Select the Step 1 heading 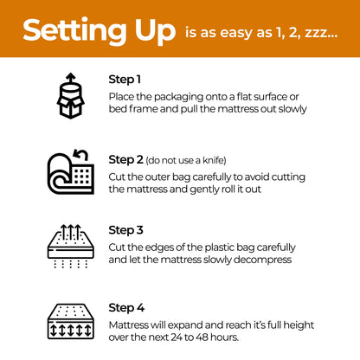click(126, 80)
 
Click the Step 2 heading click(126, 159)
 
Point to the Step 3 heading click(126, 230)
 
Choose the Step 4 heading click(126, 307)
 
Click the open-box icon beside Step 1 click(70, 94)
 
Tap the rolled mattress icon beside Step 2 click(70, 171)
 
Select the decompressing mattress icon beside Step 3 click(70, 244)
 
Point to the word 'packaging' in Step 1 click(178, 96)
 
